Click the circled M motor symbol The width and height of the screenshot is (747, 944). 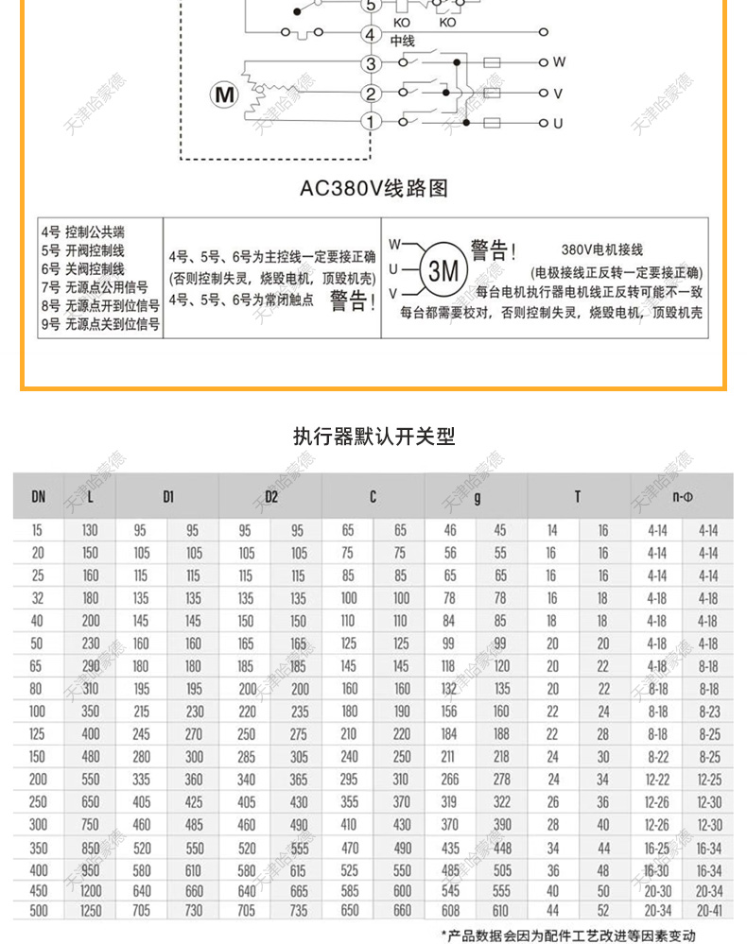pyautogui.click(x=224, y=94)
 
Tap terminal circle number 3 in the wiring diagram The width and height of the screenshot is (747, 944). pyautogui.click(x=372, y=64)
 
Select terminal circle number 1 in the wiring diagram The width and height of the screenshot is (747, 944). pyautogui.click(x=372, y=122)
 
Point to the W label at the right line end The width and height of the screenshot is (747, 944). pyautogui.click(x=559, y=62)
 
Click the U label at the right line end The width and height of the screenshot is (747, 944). pyautogui.click(x=559, y=123)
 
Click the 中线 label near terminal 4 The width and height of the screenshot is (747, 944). pyautogui.click(x=403, y=41)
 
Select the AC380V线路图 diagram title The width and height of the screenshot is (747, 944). pyautogui.click(x=373, y=188)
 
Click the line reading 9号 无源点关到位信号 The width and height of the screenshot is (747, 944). pyautogui.click(x=100, y=323)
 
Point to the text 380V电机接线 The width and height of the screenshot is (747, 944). pyautogui.click(x=601, y=249)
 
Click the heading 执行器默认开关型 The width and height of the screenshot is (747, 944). pyautogui.click(x=373, y=437)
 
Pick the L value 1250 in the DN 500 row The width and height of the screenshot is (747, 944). pyautogui.click(x=91, y=910)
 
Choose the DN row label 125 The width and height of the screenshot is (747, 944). pyautogui.click(x=39, y=733)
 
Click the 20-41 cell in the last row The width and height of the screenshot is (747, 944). pyautogui.click(x=708, y=910)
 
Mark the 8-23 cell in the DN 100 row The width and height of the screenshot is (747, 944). pyautogui.click(x=708, y=712)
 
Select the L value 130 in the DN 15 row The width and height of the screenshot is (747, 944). pyautogui.click(x=91, y=531)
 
